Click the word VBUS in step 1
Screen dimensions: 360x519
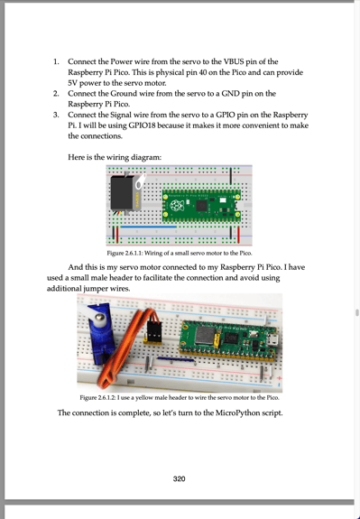[x=234, y=61]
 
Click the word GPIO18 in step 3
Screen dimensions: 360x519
[x=143, y=125]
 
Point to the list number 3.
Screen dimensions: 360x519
[x=56, y=115]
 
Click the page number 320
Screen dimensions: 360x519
[x=179, y=478]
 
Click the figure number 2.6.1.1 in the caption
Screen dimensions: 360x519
[x=133, y=254]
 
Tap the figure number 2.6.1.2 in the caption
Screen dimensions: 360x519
[x=106, y=397]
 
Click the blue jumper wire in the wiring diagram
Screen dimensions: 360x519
[x=148, y=227]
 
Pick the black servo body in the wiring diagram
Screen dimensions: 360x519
[x=122, y=193]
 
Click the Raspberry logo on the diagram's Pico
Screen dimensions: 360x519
[x=175, y=206]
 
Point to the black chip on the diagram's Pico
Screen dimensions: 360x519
[x=201, y=206]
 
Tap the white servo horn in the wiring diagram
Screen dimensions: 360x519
[x=141, y=181]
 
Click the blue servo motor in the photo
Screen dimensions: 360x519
[x=100, y=334]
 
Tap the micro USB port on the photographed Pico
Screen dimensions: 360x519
[x=273, y=340]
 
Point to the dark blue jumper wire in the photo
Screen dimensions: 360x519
[x=176, y=359]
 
